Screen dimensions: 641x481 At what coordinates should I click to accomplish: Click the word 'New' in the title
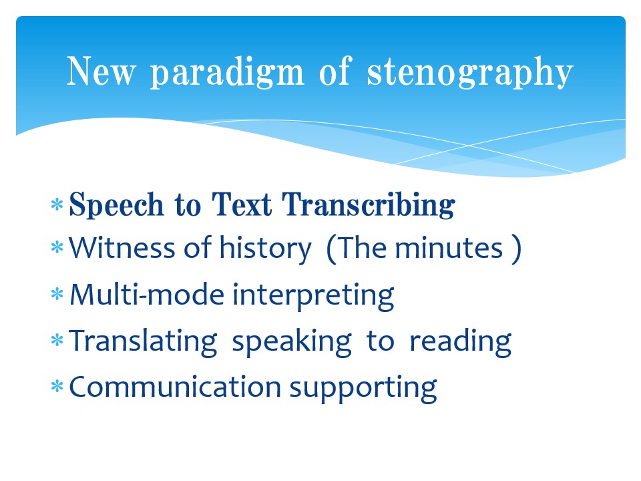point(101,71)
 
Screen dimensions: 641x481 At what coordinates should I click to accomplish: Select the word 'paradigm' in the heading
point(227,73)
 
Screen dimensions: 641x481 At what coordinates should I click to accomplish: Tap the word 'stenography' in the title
point(469,73)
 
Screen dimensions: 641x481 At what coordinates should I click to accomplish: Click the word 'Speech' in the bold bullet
point(116,204)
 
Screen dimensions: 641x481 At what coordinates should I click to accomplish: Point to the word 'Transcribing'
point(369,204)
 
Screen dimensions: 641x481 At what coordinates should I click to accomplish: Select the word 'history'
point(265,249)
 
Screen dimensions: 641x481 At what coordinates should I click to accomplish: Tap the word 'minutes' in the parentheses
point(449,248)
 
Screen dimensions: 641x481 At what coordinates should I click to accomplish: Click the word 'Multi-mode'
point(147,294)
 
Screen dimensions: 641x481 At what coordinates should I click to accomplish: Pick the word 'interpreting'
point(312,296)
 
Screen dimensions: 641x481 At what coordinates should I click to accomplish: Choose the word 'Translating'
point(143,341)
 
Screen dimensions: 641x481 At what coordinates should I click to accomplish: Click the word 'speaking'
point(292,341)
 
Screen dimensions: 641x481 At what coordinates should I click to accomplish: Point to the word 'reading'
point(460,341)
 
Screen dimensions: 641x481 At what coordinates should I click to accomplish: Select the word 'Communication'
point(175,387)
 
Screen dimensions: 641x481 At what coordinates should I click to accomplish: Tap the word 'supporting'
point(363,388)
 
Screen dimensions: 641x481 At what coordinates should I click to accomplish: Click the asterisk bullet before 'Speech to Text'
point(57,204)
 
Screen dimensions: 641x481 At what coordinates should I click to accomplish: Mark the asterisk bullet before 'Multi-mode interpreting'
point(57,294)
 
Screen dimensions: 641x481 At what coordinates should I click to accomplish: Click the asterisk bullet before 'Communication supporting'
point(57,387)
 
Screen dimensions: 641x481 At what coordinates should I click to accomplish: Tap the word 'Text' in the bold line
point(242,204)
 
